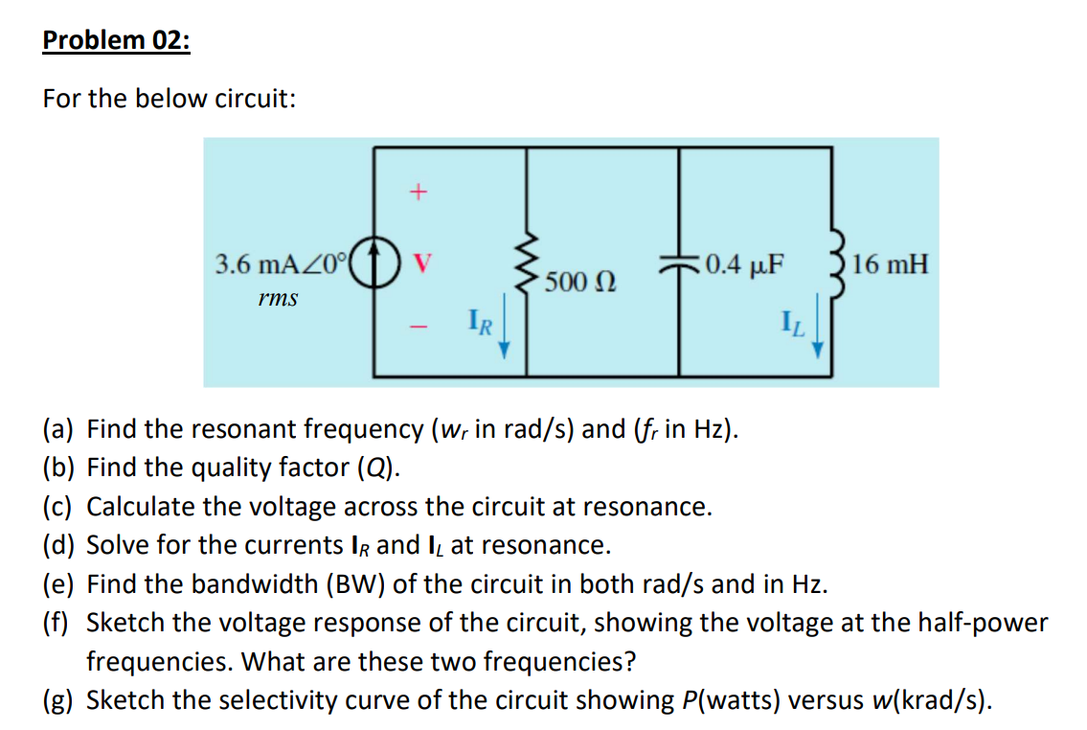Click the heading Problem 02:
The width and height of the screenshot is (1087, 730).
[x=116, y=41]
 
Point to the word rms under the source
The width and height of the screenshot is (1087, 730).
[x=278, y=299]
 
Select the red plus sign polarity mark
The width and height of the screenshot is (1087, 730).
[x=416, y=192]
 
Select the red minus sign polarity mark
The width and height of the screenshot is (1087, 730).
[x=416, y=328]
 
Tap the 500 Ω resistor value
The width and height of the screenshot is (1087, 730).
[x=578, y=283]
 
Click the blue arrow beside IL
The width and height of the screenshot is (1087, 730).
[x=818, y=330]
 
